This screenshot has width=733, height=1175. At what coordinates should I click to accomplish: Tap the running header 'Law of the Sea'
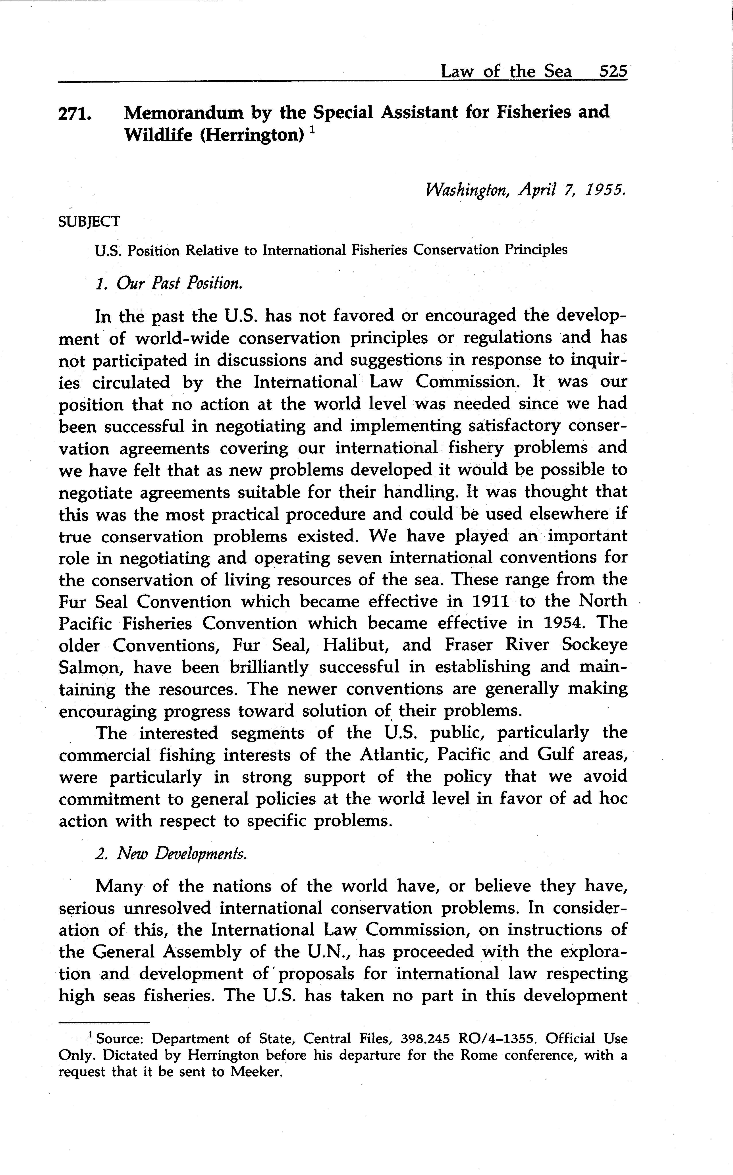[x=506, y=72]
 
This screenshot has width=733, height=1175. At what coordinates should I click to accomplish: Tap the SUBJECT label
[x=89, y=222]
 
